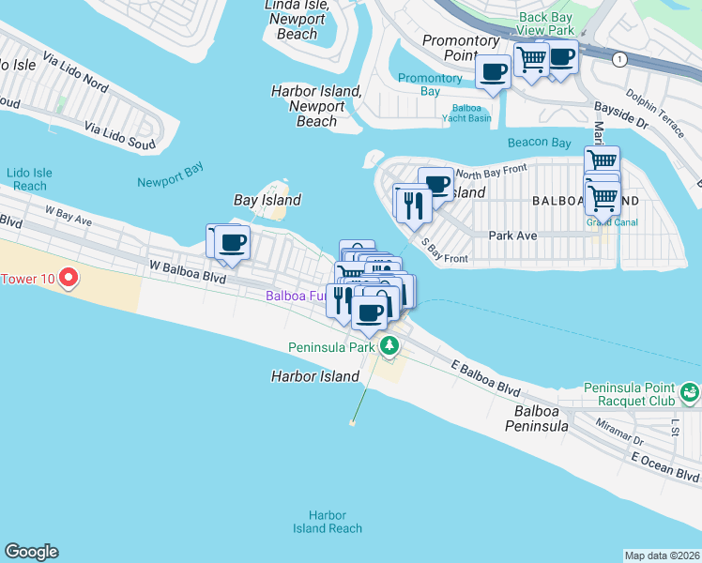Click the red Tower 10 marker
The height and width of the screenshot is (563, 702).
click(x=68, y=278)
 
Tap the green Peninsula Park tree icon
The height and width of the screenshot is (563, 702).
click(x=389, y=347)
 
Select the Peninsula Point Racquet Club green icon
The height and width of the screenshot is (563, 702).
click(x=691, y=391)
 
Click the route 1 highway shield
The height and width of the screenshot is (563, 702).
click(x=619, y=59)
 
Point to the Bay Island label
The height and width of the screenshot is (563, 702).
click(x=267, y=200)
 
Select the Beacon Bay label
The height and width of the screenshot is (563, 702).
click(x=539, y=143)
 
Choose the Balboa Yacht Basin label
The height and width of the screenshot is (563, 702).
click(x=466, y=113)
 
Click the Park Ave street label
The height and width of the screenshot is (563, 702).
click(x=512, y=236)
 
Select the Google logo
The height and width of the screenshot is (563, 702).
click(x=31, y=552)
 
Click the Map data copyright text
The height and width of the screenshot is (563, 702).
click(x=662, y=555)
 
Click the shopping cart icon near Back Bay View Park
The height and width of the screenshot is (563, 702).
click(x=532, y=59)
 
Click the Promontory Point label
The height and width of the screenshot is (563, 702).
click(x=461, y=48)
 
